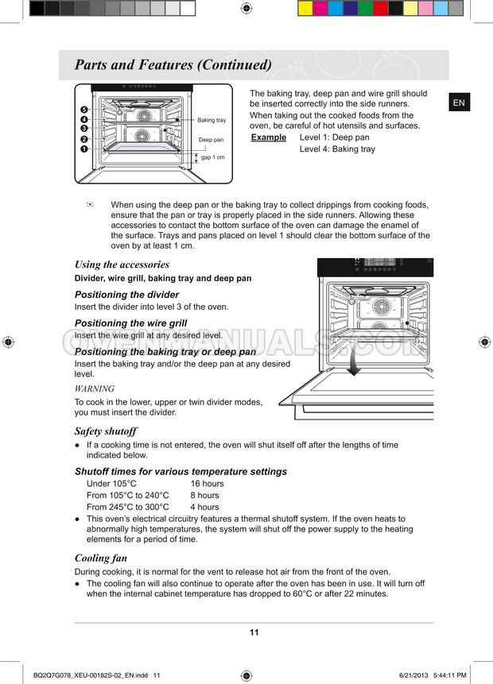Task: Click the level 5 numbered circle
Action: pyautogui.click(x=84, y=110)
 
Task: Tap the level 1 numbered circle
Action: pyautogui.click(x=84, y=149)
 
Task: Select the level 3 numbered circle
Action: pyautogui.click(x=84, y=128)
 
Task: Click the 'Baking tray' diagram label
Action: pyautogui.click(x=212, y=120)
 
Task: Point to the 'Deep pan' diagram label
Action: pyautogui.click(x=211, y=140)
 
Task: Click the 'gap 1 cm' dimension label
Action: pyautogui.click(x=212, y=157)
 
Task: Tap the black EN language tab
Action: pyautogui.click(x=460, y=102)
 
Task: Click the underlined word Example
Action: pyautogui.click(x=269, y=137)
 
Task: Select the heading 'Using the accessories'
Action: pyautogui.click(x=122, y=265)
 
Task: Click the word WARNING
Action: pyautogui.click(x=95, y=388)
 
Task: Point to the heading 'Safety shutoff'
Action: pyautogui.click(x=106, y=431)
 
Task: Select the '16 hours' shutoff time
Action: pyautogui.click(x=207, y=484)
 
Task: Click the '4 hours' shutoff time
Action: pyautogui.click(x=205, y=508)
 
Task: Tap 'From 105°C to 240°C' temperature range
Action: pyautogui.click(x=127, y=496)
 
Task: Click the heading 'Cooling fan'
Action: pyautogui.click(x=101, y=558)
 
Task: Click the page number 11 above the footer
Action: pyautogui.click(x=254, y=632)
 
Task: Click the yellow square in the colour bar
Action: pyautogui.click(x=305, y=8)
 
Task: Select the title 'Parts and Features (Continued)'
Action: pyautogui.click(x=173, y=65)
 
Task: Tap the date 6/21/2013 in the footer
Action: pyautogui.click(x=413, y=675)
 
